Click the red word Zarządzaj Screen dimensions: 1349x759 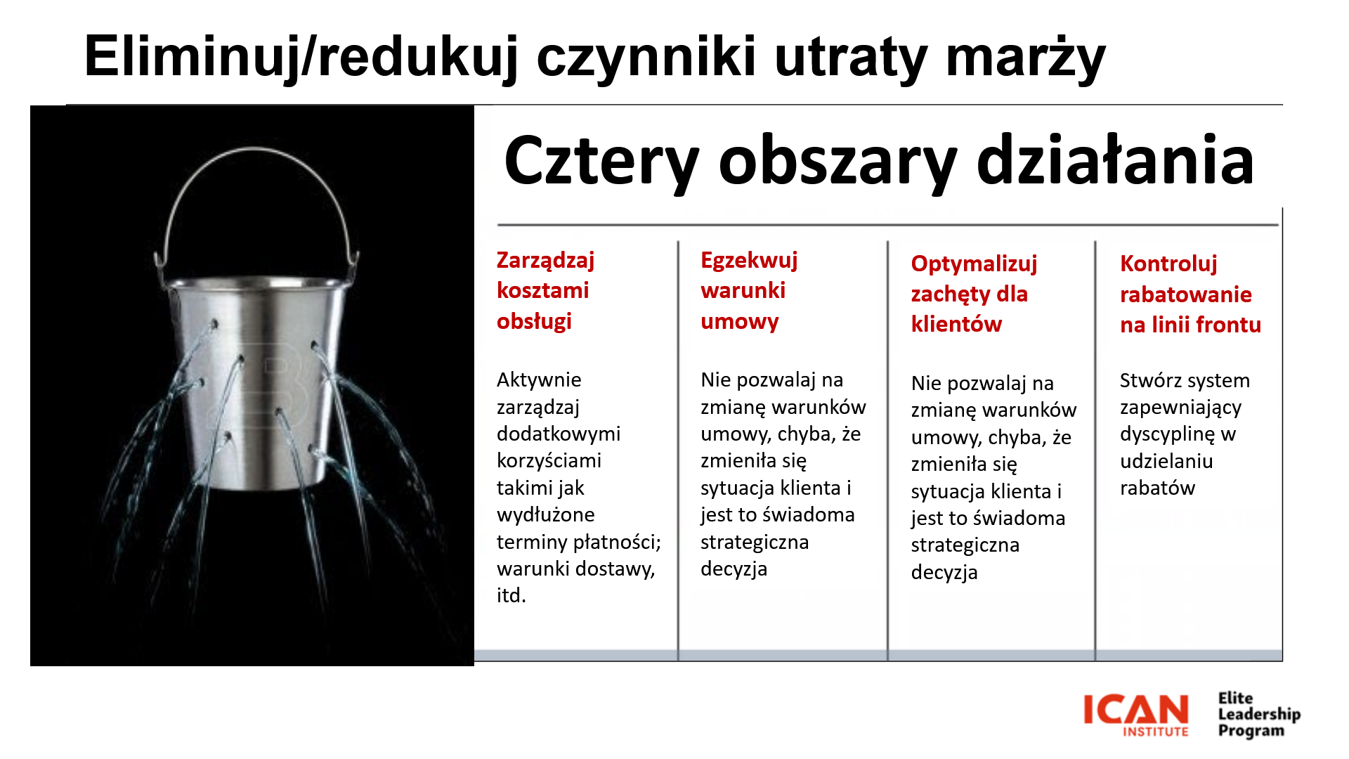[545, 261]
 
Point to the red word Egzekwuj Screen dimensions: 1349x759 [749, 261]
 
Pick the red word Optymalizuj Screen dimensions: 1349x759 [974, 264]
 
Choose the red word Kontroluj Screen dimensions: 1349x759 [1168, 264]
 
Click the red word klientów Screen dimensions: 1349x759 [956, 324]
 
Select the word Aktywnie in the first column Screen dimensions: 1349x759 [539, 380]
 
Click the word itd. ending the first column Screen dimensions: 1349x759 [511, 595]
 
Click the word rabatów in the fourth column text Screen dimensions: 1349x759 [1157, 488]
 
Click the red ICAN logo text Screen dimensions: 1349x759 [1135, 710]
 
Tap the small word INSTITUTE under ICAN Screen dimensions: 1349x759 [1156, 732]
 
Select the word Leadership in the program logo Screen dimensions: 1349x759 [1259, 714]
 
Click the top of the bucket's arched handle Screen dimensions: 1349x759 [256, 150]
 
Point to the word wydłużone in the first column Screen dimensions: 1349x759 [545, 515]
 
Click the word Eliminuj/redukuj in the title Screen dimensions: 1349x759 [301, 58]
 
